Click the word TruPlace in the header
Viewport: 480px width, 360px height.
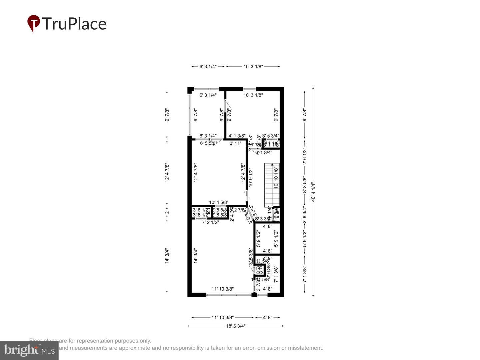coord(74,24)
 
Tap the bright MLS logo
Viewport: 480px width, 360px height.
coord(29,350)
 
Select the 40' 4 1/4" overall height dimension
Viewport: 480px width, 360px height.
coord(313,192)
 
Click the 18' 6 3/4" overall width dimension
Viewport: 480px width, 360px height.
coord(236,326)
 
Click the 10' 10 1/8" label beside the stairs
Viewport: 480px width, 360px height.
coord(276,178)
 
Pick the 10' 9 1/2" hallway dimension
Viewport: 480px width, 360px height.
coord(251,177)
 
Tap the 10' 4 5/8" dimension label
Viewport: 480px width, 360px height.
coord(219,202)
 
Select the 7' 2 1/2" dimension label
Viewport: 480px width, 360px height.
coord(210,222)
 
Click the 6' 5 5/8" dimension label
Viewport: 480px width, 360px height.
coord(209,143)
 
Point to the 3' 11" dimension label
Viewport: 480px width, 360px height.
coord(235,143)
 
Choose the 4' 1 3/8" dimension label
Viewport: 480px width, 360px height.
coord(237,136)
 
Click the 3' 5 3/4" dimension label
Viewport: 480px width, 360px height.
coord(270,136)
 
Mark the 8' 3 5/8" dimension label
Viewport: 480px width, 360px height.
coord(304,185)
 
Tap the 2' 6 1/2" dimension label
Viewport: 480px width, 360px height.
coord(304,156)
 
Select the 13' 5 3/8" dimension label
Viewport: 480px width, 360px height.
coord(251,257)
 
